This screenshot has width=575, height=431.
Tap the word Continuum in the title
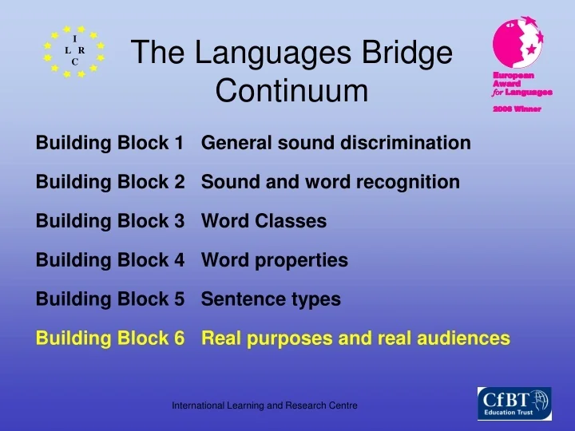point(292,92)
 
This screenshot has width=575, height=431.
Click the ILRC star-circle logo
point(74,50)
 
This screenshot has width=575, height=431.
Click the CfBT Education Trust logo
point(514,403)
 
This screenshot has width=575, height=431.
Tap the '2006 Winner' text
point(516,109)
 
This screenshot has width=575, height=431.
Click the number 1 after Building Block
point(178,144)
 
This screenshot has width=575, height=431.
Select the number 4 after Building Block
point(178,260)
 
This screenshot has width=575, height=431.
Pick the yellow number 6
point(178,338)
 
